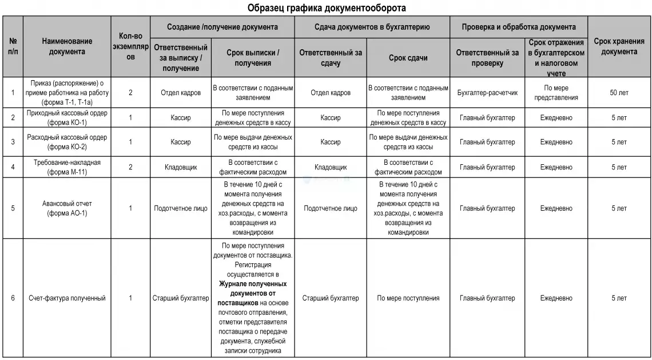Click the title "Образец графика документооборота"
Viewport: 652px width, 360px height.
(x=327, y=8)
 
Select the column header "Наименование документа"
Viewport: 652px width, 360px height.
(x=67, y=46)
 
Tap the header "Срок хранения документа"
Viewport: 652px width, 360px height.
(x=619, y=46)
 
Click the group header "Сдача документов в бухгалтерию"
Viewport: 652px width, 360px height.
(x=372, y=27)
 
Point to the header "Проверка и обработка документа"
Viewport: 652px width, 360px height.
(x=519, y=27)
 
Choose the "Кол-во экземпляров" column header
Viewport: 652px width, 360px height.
(x=130, y=46)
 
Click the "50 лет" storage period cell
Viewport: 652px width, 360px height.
(x=619, y=93)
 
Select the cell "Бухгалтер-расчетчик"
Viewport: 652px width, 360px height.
(x=488, y=93)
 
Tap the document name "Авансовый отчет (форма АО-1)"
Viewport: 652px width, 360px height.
(x=67, y=208)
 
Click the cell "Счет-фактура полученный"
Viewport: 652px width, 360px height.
(x=67, y=298)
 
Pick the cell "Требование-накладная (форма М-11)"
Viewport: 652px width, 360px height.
(x=67, y=167)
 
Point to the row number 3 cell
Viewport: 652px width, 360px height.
(x=13, y=142)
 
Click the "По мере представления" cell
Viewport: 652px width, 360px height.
(x=556, y=93)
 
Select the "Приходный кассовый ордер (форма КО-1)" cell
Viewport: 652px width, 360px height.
(x=67, y=118)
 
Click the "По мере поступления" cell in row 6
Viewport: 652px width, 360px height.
(x=408, y=298)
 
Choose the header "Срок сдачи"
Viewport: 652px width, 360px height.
(x=408, y=58)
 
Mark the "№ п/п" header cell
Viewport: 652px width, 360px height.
(x=13, y=46)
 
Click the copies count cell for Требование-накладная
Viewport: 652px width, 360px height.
(x=130, y=167)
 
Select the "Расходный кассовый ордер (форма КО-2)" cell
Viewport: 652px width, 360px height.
(x=67, y=142)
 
